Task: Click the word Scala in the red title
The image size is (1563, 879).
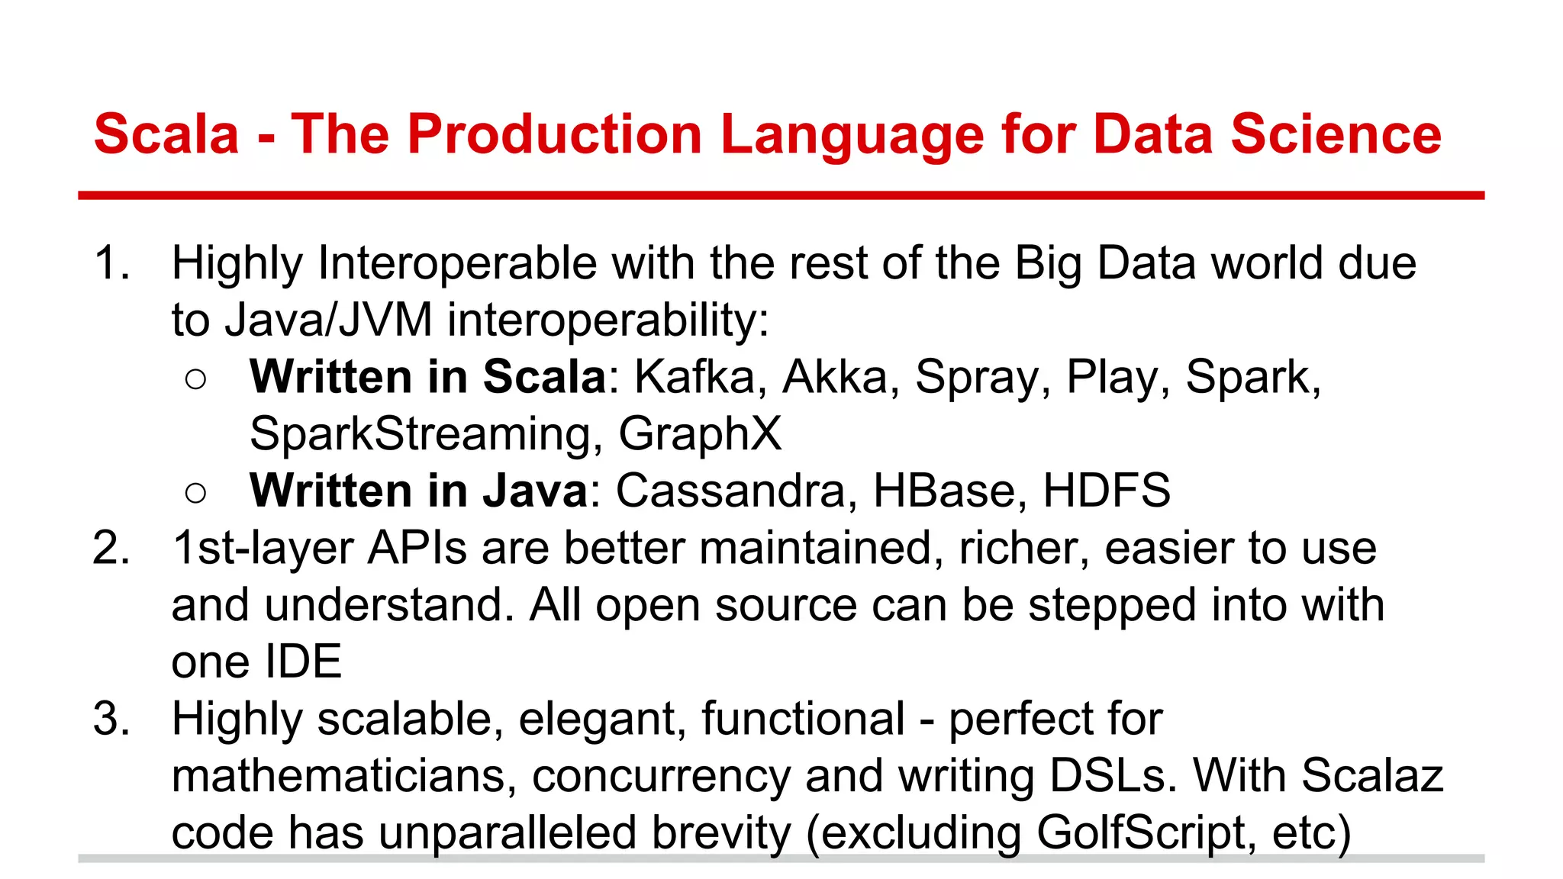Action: [x=166, y=134]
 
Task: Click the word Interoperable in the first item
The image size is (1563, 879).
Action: [x=457, y=263]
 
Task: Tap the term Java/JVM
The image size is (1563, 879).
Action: [x=328, y=320]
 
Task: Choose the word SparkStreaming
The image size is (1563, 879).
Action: [x=421, y=433]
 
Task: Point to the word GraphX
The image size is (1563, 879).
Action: [x=700, y=433]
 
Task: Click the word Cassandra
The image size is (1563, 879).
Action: [x=730, y=491]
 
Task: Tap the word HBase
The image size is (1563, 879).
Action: [x=946, y=491]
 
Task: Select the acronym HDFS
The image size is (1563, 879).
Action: [x=1106, y=491]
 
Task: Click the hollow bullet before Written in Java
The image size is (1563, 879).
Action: [x=195, y=493]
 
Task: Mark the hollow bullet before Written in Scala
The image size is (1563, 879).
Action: [x=195, y=379]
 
